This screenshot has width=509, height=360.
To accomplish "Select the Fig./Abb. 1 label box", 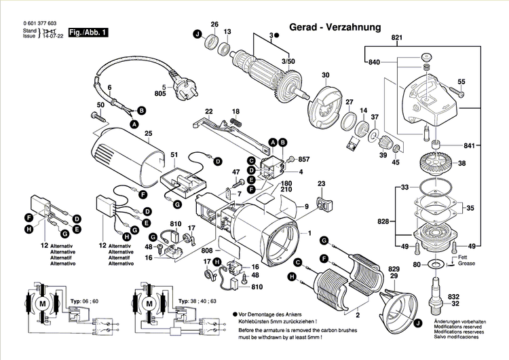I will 88,32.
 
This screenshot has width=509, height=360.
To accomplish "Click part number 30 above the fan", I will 325,75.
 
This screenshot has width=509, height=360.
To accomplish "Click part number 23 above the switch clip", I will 321,183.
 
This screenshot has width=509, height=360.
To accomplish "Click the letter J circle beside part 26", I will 197,35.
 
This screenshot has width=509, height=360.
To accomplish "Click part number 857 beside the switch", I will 303,159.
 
